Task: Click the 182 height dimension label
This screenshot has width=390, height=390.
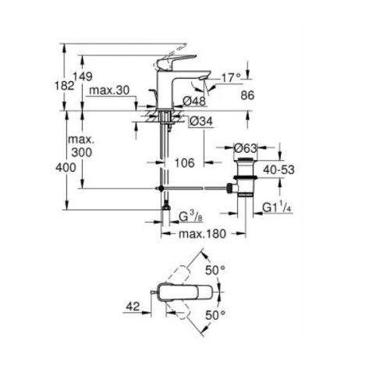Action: pos(65,86)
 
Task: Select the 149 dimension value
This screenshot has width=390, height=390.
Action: pos(83,76)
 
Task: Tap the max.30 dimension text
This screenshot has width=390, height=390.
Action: pos(109,90)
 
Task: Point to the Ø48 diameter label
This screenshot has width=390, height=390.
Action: pos(194,101)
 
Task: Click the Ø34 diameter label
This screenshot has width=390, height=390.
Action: pos(201,121)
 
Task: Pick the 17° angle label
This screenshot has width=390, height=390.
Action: pos(231,78)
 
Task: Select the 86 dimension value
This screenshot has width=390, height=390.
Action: pos(247,95)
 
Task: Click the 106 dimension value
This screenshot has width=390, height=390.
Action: pos(185,163)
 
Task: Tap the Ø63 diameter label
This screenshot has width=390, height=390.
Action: pos(245,148)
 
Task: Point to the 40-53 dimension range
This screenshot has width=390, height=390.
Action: pos(278,170)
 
